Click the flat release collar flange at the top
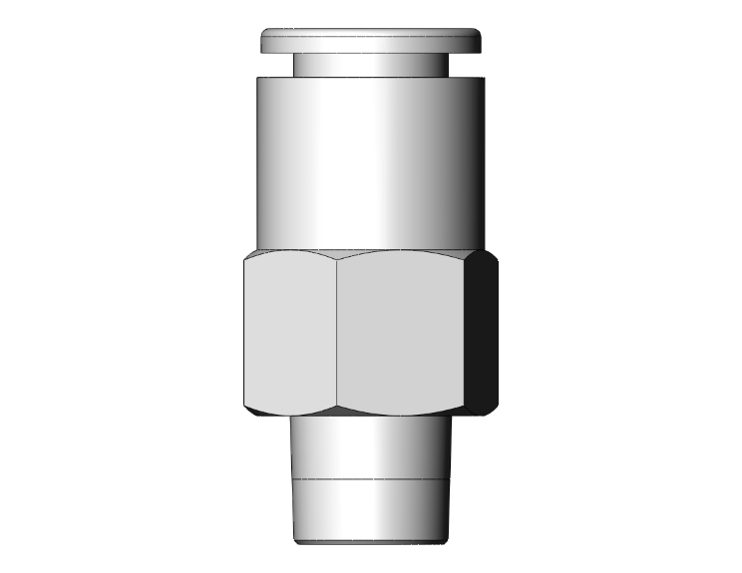point(371,41)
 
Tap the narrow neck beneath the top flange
point(371,65)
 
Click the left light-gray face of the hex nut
point(289,334)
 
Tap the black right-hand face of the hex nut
point(482,334)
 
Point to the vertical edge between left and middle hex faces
point(336,334)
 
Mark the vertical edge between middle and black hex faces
point(466,334)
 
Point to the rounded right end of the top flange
point(478,42)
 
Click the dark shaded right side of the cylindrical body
point(469,159)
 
